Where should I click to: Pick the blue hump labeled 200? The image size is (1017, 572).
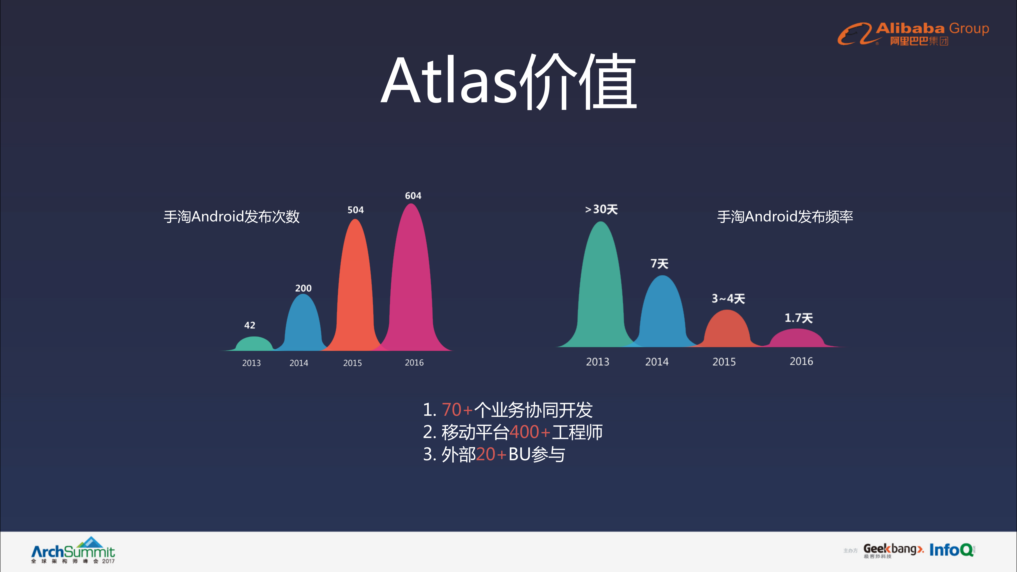tap(303, 324)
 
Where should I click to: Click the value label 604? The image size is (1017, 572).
tap(413, 196)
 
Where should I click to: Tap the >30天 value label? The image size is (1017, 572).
tap(601, 209)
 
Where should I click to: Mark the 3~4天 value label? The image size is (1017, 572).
tap(728, 299)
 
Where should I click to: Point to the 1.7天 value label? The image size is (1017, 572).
tap(798, 318)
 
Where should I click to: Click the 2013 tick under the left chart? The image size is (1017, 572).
tap(252, 363)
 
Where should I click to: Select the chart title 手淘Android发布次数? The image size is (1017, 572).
tap(232, 217)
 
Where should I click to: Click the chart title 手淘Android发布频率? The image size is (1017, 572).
tap(785, 217)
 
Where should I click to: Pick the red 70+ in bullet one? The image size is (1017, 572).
tap(457, 410)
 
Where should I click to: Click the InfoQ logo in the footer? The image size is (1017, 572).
tap(951, 550)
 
